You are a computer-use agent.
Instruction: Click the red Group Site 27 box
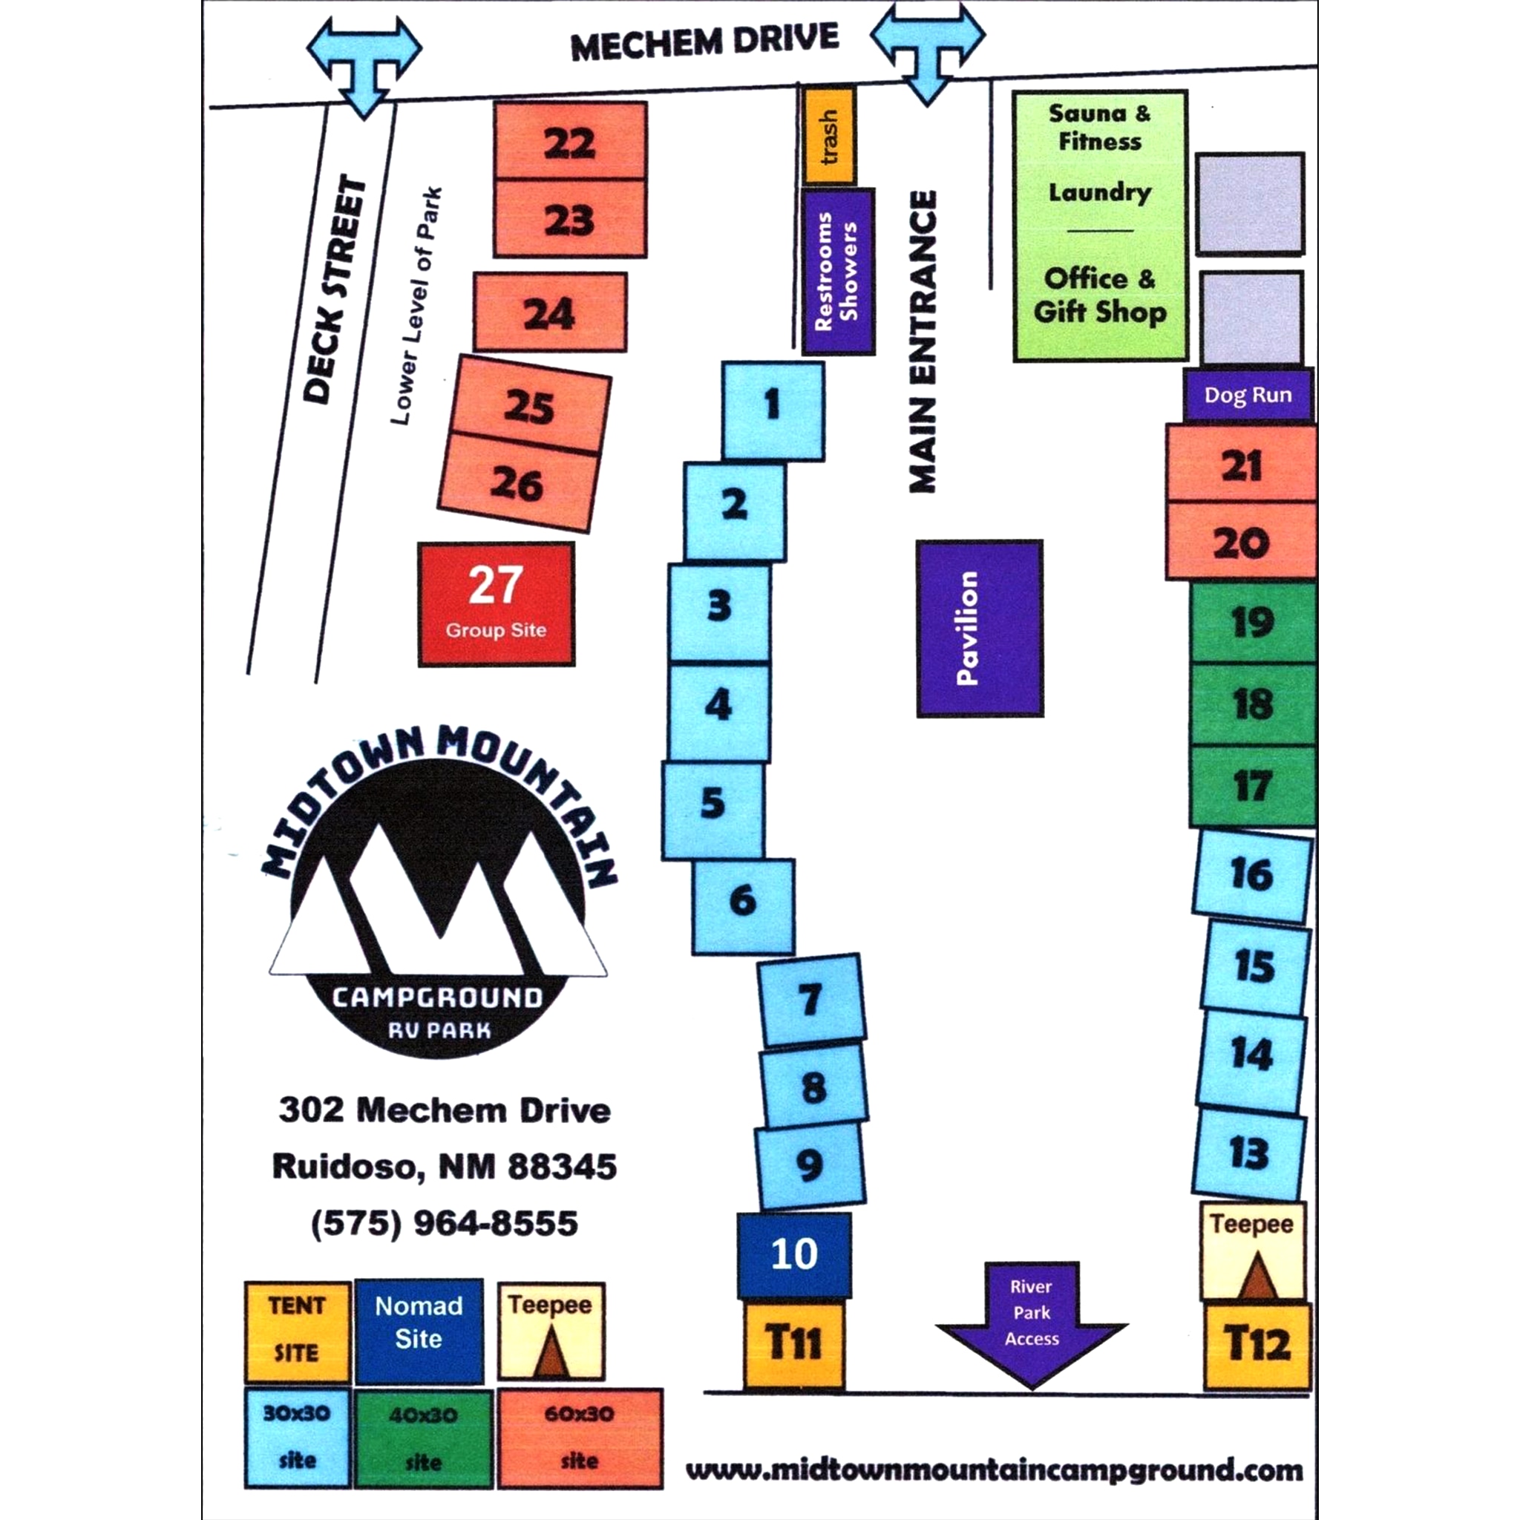(496, 603)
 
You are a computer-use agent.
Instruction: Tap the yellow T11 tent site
(794, 1343)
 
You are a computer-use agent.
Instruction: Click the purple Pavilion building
(980, 628)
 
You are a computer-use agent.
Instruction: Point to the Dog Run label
(1248, 395)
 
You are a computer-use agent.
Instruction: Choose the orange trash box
(829, 136)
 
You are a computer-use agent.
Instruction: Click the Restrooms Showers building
(838, 271)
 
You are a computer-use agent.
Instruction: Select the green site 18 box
(1253, 704)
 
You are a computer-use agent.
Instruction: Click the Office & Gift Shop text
(1099, 295)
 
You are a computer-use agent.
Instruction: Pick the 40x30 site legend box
(423, 1438)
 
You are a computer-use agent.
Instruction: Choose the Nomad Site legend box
(419, 1331)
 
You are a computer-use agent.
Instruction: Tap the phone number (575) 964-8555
(445, 1223)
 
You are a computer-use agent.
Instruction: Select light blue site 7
(811, 1000)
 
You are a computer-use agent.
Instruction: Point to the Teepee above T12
(1253, 1250)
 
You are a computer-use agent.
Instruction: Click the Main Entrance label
(923, 341)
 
